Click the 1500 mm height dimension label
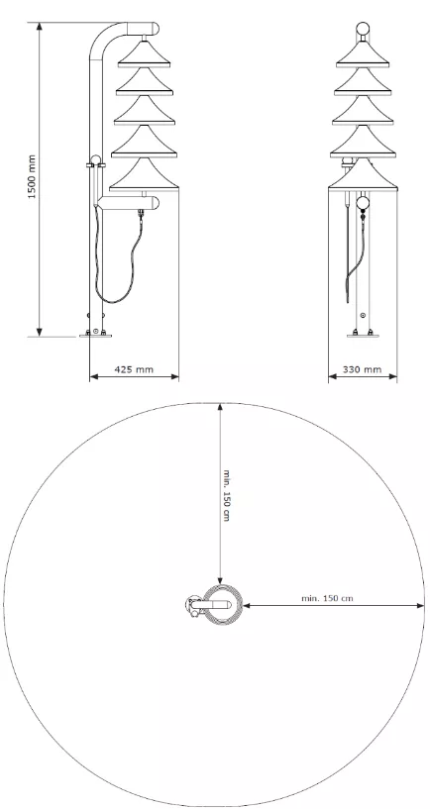click(33, 177)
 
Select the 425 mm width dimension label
click(134, 369)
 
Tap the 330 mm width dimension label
click(363, 369)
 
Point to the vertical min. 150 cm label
click(226, 495)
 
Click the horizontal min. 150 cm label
click(327, 598)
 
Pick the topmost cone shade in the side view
click(144, 53)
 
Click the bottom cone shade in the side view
click(144, 174)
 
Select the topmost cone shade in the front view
click(363, 53)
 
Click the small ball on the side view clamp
click(95, 159)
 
